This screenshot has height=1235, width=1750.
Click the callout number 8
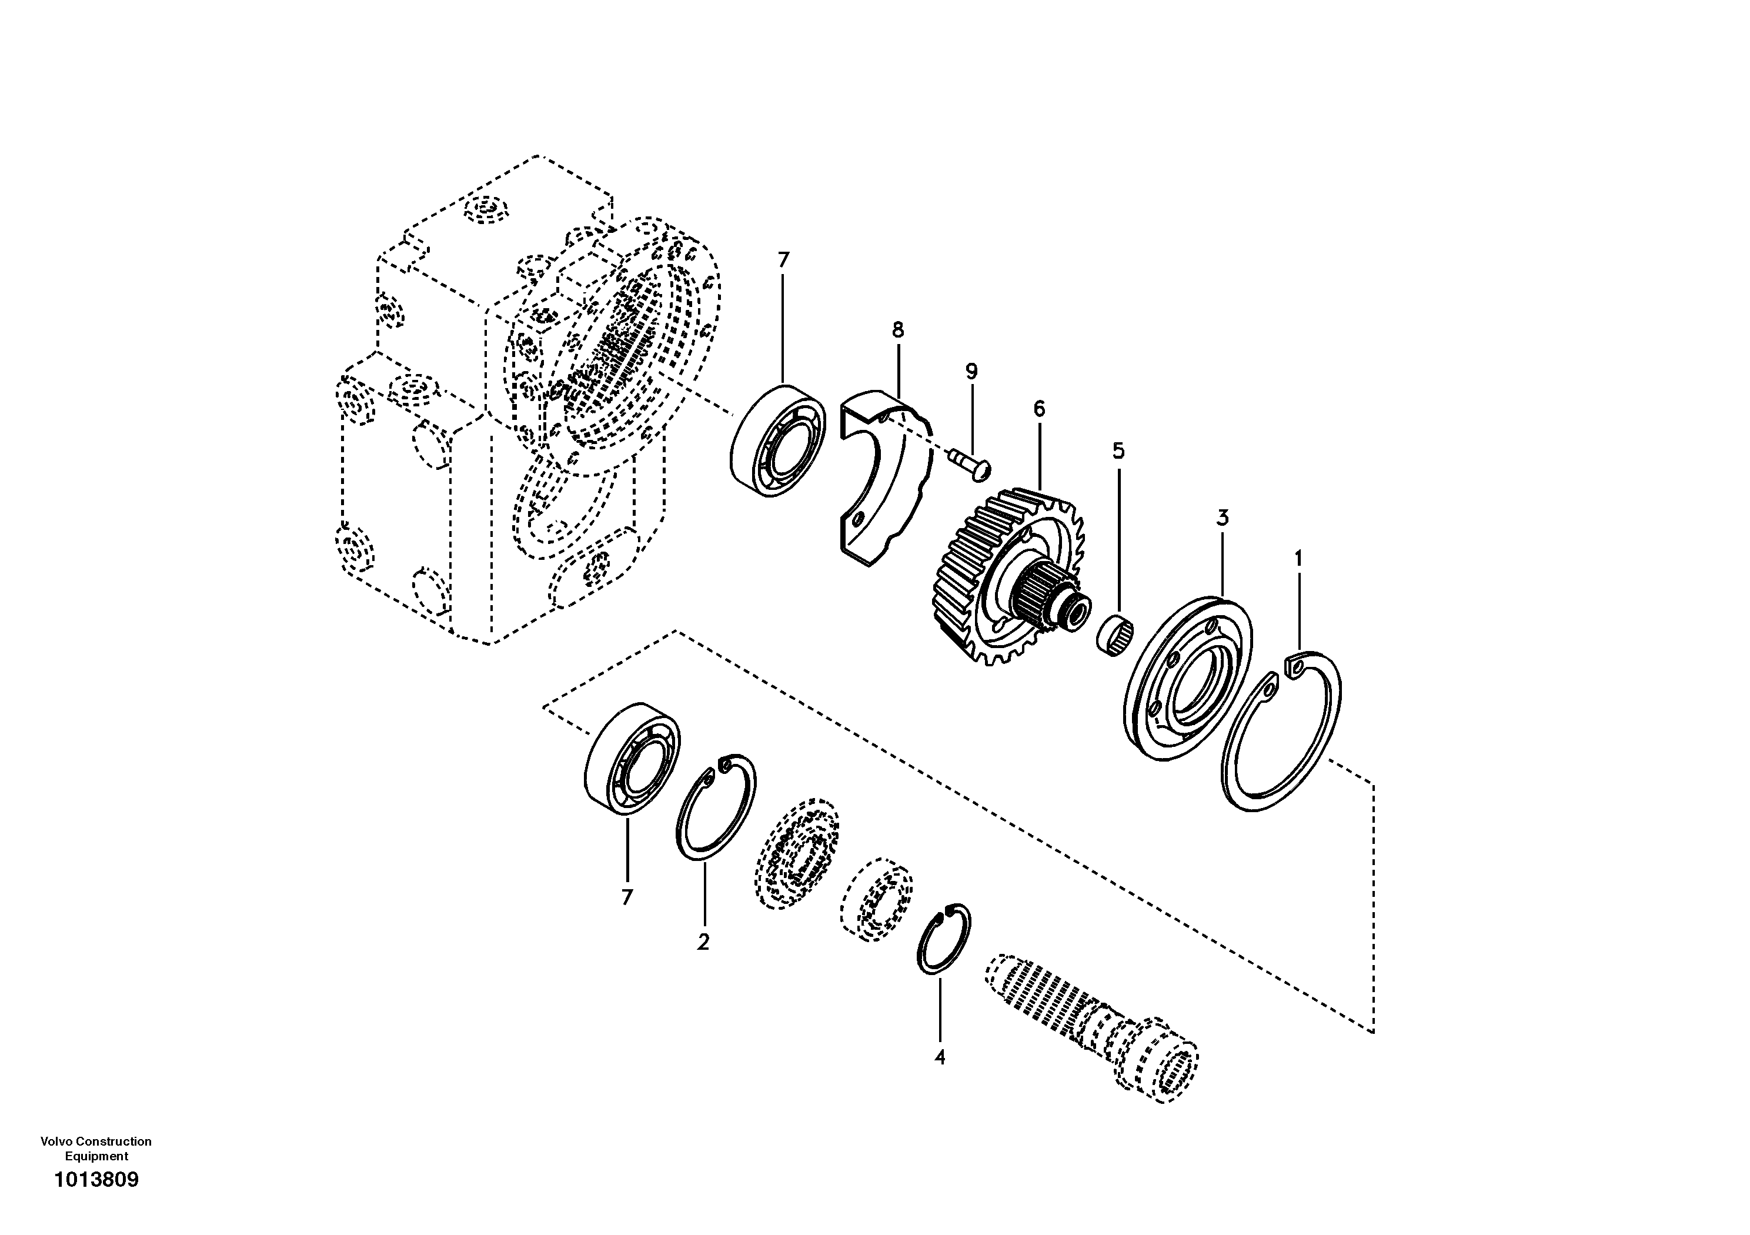pyautogui.click(x=897, y=330)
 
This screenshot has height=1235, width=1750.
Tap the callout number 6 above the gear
pyautogui.click(x=1039, y=409)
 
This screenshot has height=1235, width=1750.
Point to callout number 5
pyautogui.click(x=1117, y=450)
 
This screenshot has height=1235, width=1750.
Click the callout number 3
pyautogui.click(x=1222, y=518)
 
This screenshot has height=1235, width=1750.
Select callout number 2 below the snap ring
pyautogui.click(x=703, y=942)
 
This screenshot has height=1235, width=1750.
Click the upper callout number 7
pyautogui.click(x=783, y=260)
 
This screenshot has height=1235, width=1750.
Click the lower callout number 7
pyautogui.click(x=626, y=898)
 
